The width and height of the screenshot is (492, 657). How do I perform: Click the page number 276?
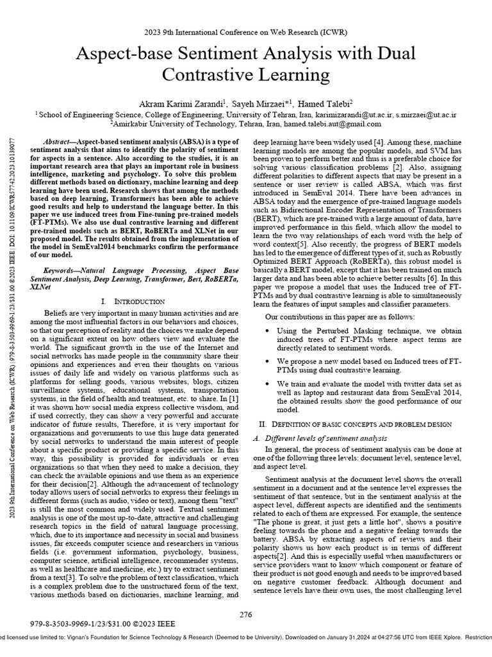(247, 613)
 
